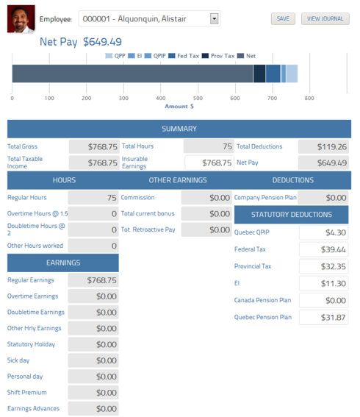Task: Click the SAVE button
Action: pos(283,18)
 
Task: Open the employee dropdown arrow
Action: pos(214,18)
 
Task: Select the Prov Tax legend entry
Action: pos(219,55)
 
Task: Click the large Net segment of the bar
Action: pos(132,74)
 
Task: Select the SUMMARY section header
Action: pos(179,129)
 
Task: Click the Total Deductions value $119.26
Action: pos(323,146)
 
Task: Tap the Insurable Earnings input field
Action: pos(209,163)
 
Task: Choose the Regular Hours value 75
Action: pos(93,197)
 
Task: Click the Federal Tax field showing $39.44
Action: pos(323,249)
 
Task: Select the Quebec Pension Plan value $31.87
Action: pos(323,317)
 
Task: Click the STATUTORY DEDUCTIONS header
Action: pos(292,215)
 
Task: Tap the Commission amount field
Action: pos(206,197)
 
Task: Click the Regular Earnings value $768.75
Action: pos(93,280)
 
